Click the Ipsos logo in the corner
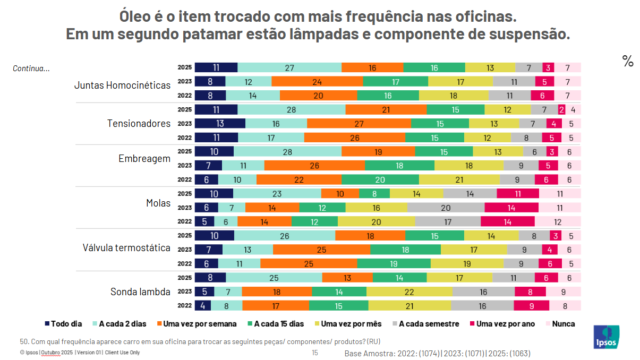[604, 337]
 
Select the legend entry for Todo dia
[63, 323]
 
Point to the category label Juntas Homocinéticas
[122, 85]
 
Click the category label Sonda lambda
[140, 292]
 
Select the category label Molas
[158, 203]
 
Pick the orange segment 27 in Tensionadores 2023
[359, 124]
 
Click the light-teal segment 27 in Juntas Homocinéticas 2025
[289, 68]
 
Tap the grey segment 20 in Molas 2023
[446, 208]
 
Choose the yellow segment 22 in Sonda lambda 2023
[409, 292]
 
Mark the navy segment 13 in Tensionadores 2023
[220, 124]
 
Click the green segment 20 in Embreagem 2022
[380, 179]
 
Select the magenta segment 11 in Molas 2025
[518, 194]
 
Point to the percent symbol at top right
[628, 62]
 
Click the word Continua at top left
[31, 68]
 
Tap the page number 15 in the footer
[314, 353]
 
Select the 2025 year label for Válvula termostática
[185, 235]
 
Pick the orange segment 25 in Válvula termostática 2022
[309, 263]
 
